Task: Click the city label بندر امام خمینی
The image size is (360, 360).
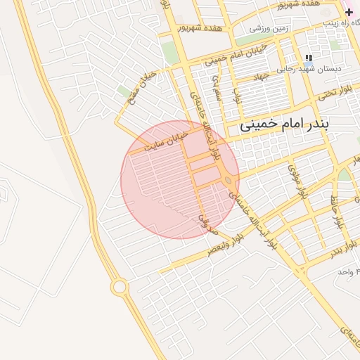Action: (x=294, y=127)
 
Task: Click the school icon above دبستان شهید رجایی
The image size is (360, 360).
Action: (x=308, y=58)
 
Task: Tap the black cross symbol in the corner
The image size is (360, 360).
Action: (x=349, y=12)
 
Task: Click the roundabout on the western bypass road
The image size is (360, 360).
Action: (x=120, y=287)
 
